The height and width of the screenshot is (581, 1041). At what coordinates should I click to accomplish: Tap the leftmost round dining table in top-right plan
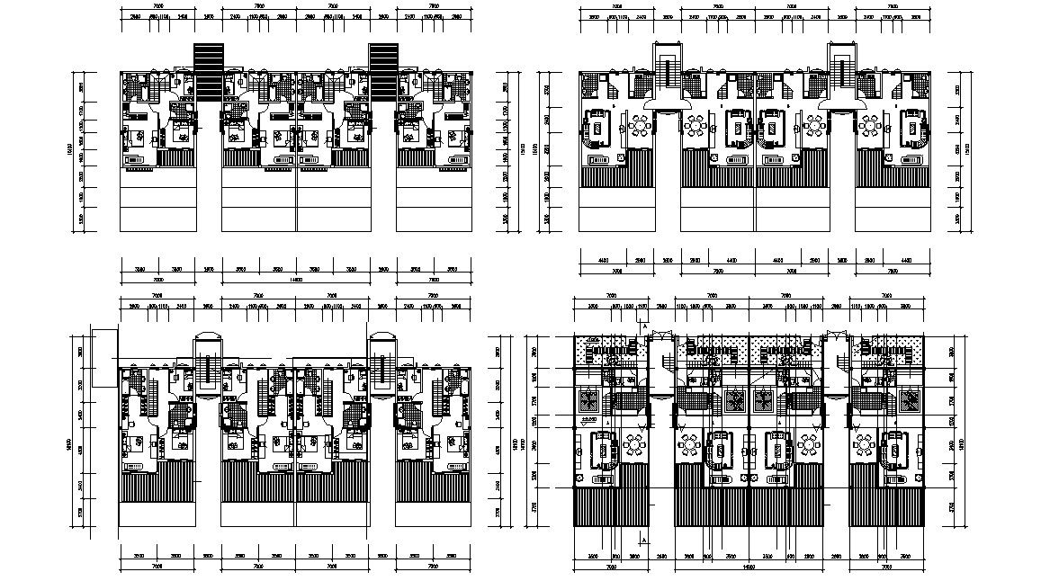coord(638,125)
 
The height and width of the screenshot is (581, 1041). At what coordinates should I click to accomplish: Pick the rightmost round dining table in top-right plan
coord(870,125)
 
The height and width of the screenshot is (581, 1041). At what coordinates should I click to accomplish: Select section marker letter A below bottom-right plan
coord(642,538)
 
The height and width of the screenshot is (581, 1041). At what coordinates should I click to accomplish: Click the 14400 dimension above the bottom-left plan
coord(295,280)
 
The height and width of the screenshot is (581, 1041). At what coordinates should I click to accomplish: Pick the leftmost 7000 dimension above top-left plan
coord(157,6)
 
